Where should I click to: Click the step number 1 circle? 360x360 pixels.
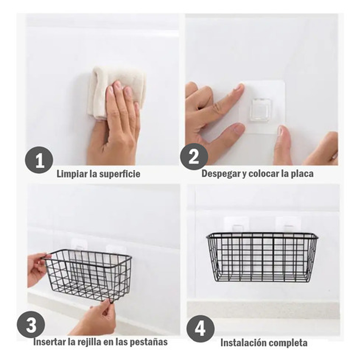(x=39, y=160)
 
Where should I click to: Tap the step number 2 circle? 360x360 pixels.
(x=194, y=157)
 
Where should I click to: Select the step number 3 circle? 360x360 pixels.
(x=31, y=325)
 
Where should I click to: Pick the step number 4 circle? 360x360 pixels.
(x=200, y=329)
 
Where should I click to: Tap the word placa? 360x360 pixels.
(x=302, y=173)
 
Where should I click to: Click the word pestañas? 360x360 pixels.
(x=149, y=342)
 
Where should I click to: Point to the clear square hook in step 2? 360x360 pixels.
(x=261, y=111)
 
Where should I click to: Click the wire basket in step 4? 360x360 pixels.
(x=262, y=257)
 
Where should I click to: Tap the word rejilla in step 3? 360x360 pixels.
(x=88, y=342)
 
